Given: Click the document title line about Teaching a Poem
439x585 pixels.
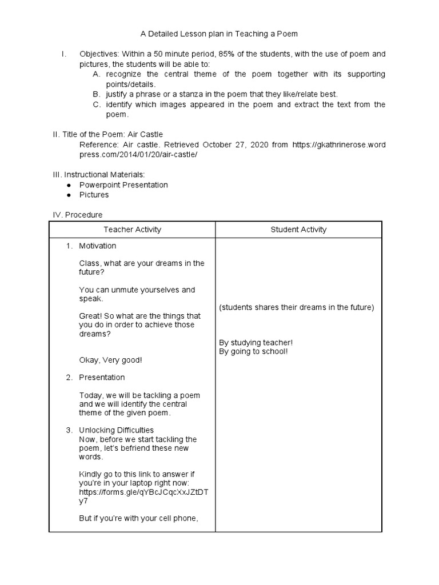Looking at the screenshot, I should pyautogui.click(x=219, y=34).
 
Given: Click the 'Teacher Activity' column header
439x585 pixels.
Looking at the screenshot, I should pyautogui.click(x=132, y=230).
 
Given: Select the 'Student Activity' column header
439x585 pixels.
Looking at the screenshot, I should pyautogui.click(x=298, y=230).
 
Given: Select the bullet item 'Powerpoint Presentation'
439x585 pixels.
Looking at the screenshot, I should pyautogui.click(x=123, y=185).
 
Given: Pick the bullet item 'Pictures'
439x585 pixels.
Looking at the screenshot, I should pyautogui.click(x=94, y=195).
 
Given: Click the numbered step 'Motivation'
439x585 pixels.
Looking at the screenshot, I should pyautogui.click(x=97, y=246).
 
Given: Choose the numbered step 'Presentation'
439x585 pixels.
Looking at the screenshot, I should pyautogui.click(x=102, y=378).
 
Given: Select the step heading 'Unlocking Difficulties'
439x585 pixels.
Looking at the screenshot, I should pyautogui.click(x=116, y=430).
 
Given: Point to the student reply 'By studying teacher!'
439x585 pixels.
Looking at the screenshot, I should pyautogui.click(x=256, y=343).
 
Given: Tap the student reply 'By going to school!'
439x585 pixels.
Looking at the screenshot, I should pyautogui.click(x=253, y=351).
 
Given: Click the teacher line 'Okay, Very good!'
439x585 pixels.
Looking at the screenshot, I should pyautogui.click(x=110, y=360).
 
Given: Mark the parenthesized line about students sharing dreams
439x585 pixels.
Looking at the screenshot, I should pyautogui.click(x=296, y=307).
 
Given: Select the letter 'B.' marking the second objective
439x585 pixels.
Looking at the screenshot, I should pyautogui.click(x=96, y=94).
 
